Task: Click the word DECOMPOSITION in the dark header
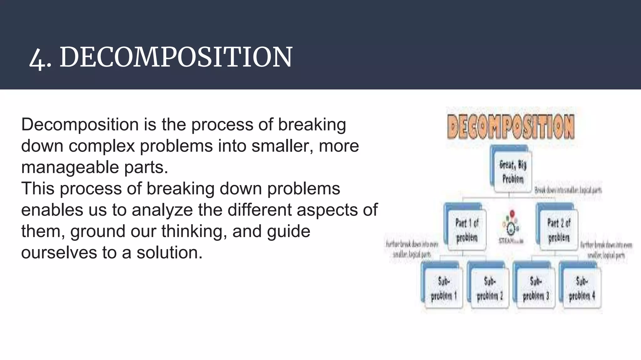pos(176,57)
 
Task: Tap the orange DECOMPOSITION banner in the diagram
pos(511,127)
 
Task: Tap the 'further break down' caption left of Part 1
pos(412,249)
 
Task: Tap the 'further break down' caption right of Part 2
pos(606,250)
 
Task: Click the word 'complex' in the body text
pos(101,146)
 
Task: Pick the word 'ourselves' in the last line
pos(59,252)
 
